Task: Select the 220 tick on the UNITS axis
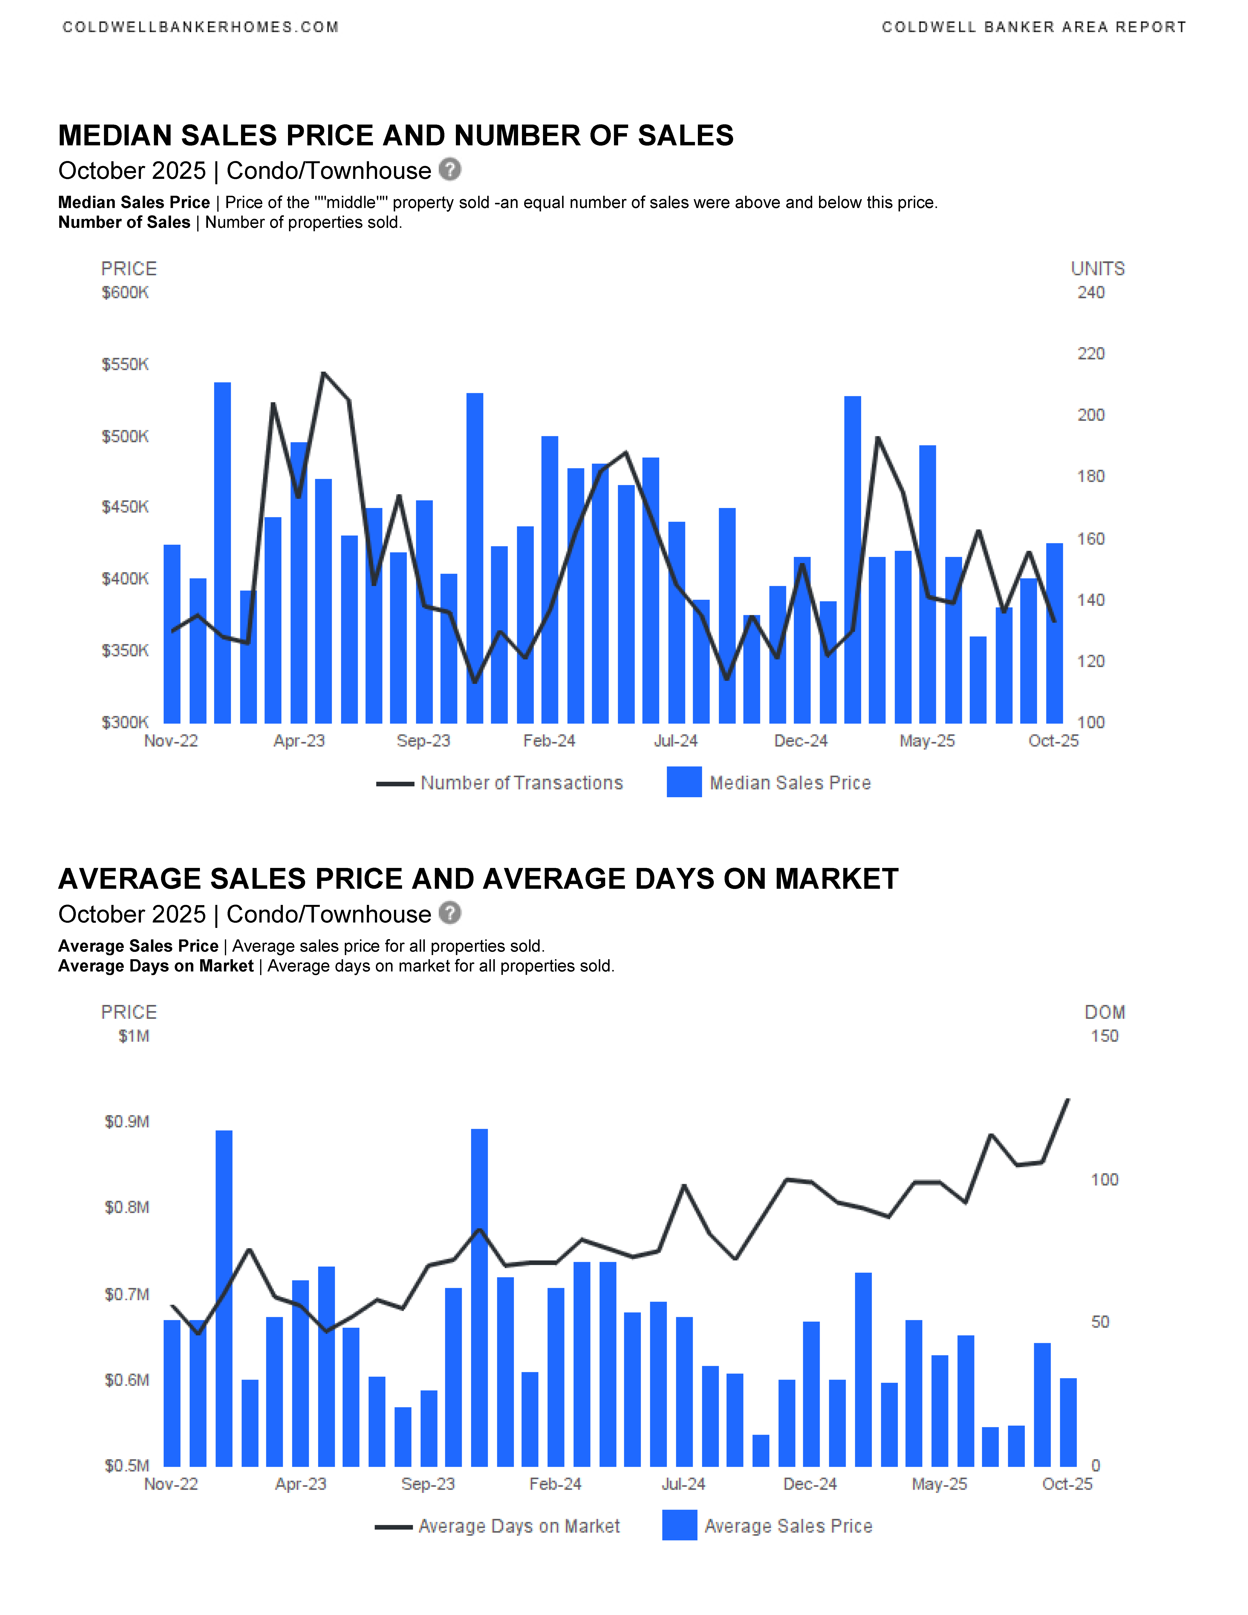[x=1090, y=354]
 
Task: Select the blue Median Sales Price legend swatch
[x=684, y=782]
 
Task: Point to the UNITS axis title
[x=1097, y=269]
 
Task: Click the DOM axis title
[x=1105, y=1012]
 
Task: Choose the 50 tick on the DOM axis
[x=1100, y=1322]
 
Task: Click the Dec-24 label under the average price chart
[x=810, y=1484]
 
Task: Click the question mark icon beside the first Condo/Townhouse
[x=450, y=169]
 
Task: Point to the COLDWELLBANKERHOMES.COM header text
[x=200, y=27]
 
